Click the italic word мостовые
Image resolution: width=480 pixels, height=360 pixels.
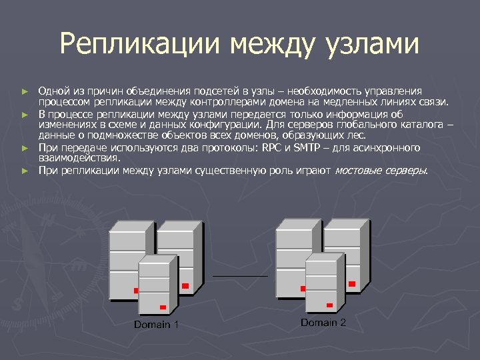[x=359, y=171]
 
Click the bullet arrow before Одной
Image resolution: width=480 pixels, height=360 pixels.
[x=25, y=91]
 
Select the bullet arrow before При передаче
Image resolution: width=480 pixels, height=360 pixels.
[x=25, y=147]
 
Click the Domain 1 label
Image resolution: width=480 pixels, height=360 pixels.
[x=156, y=325]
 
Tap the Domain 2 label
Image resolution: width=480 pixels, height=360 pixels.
[x=323, y=323]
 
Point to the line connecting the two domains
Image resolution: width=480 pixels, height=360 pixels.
[x=240, y=275]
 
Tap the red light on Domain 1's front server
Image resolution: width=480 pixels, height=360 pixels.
[x=162, y=307]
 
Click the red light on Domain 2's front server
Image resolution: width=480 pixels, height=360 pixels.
[x=329, y=305]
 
